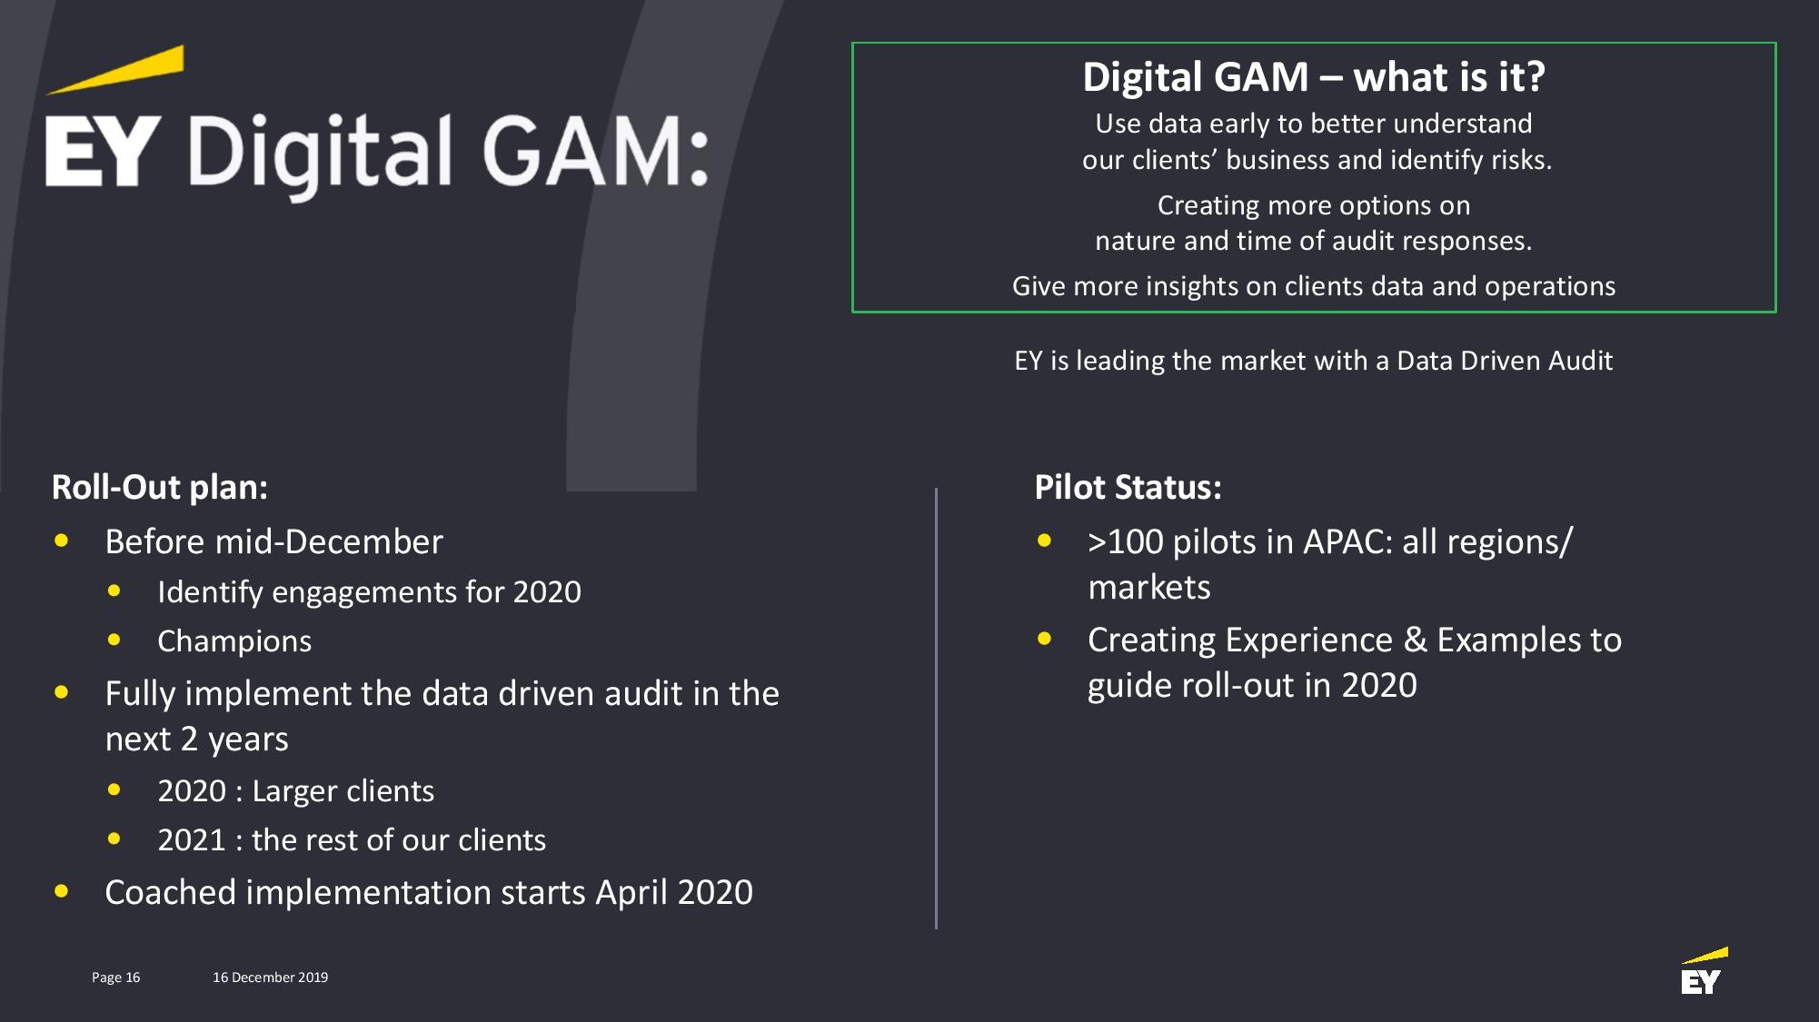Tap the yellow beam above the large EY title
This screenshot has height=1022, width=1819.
pyautogui.click(x=115, y=70)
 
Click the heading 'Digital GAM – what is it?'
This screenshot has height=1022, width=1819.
pyautogui.click(x=1313, y=76)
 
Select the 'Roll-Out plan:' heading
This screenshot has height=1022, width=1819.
pyautogui.click(x=160, y=487)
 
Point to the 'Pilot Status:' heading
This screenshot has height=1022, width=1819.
pyautogui.click(x=1128, y=487)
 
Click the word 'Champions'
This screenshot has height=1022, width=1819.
pyautogui.click(x=234, y=640)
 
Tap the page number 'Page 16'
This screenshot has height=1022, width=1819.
pyautogui.click(x=115, y=977)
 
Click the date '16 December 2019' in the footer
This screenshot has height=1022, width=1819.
pyautogui.click(x=270, y=977)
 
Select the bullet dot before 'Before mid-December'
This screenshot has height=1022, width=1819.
pyautogui.click(x=62, y=541)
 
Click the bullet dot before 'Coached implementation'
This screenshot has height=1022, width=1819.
pyautogui.click(x=62, y=891)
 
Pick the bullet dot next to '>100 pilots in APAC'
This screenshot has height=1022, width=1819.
pyautogui.click(x=1045, y=541)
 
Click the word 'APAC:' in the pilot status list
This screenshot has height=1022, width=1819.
pyautogui.click(x=1347, y=541)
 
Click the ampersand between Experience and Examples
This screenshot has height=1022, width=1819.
pyautogui.click(x=1415, y=640)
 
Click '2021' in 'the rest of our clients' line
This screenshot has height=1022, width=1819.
pyautogui.click(x=192, y=839)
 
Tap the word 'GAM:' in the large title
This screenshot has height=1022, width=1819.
pyautogui.click(x=594, y=151)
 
